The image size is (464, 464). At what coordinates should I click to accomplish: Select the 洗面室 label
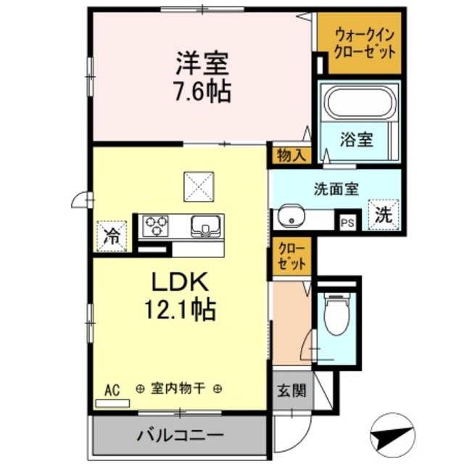tap(336, 189)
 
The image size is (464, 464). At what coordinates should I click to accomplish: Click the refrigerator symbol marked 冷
tap(112, 235)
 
